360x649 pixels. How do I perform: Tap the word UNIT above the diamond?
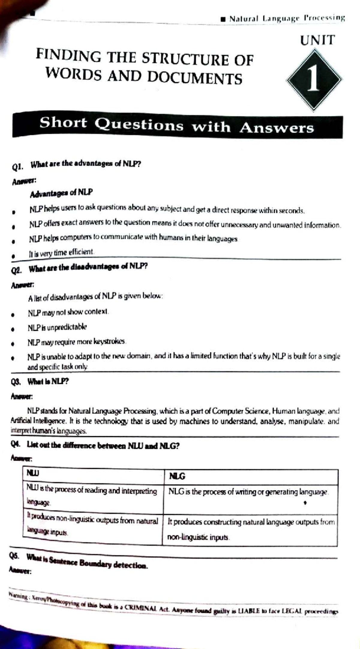click(317, 40)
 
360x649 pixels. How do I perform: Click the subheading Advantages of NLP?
click(61, 193)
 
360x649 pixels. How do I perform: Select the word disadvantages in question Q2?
click(95, 267)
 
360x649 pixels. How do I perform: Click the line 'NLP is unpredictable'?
click(57, 327)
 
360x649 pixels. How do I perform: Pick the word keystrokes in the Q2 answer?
click(109, 342)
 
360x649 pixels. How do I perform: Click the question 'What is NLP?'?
click(48, 382)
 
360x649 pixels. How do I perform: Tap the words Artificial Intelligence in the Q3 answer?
click(37, 421)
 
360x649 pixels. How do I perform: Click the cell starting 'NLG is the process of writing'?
click(248, 492)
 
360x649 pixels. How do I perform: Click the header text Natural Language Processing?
click(286, 19)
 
